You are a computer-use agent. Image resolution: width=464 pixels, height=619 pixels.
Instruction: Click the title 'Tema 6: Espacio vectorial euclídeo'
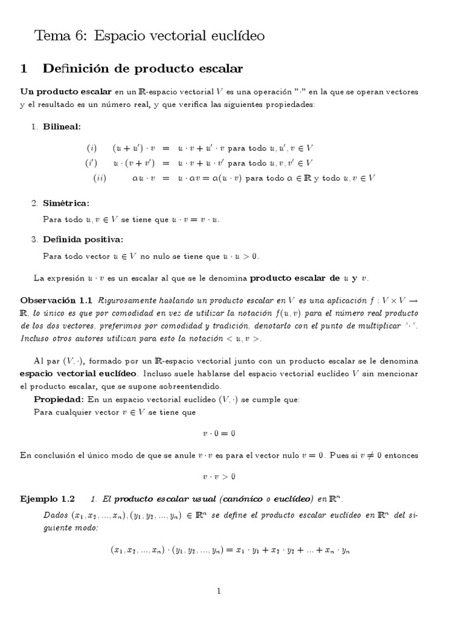tap(150, 36)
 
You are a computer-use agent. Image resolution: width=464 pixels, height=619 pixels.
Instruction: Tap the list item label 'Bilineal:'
tap(61, 126)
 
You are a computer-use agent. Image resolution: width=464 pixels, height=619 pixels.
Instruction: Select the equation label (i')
tap(91, 163)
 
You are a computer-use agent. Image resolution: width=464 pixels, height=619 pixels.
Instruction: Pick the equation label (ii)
tap(100, 178)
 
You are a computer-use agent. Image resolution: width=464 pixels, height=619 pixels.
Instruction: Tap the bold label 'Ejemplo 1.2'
tap(47, 499)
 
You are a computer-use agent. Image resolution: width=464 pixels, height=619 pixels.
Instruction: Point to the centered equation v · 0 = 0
tap(218, 433)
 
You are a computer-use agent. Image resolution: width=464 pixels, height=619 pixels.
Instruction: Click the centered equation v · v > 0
tap(218, 476)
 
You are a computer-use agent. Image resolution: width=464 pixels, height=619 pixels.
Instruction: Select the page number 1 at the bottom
tap(219, 591)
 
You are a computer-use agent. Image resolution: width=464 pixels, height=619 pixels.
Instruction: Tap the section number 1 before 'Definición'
tap(24, 69)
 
